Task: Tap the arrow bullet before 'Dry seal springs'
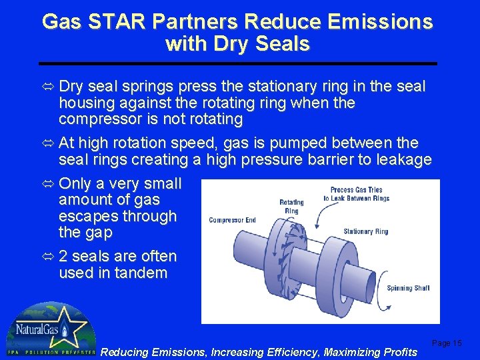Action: tap(49, 87)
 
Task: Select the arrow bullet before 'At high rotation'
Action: tap(49, 143)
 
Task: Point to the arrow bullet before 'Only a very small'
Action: tap(49, 183)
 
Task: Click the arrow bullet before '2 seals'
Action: tap(49, 257)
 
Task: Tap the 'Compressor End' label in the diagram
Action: tap(232, 220)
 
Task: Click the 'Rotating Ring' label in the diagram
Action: tap(291, 206)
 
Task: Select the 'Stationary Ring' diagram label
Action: tap(365, 231)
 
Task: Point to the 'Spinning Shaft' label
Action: tap(408, 289)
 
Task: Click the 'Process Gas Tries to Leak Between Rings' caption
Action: tap(356, 194)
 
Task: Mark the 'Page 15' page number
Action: tap(446, 343)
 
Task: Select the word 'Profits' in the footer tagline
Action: tap(397, 352)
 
